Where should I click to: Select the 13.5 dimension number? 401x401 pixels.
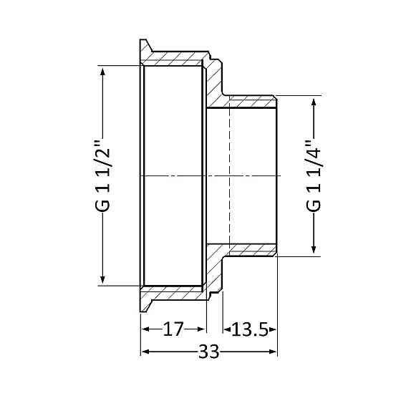coord(249,330)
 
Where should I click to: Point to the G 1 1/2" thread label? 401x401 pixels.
coord(105,175)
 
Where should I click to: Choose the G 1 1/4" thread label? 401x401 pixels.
coord(314,175)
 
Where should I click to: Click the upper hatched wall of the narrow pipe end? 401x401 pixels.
coord(251,102)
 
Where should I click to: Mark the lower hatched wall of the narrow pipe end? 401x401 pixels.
coord(251,249)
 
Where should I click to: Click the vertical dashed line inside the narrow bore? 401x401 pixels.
coord(229,175)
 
